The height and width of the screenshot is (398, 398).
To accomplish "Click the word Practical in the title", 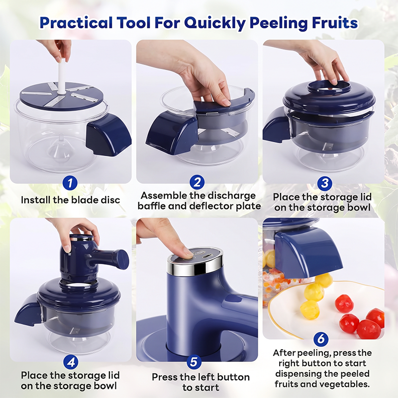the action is tap(76, 23).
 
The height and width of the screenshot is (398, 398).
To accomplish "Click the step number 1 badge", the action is tap(70, 182).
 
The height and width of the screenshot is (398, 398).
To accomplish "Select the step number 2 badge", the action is tap(197, 182).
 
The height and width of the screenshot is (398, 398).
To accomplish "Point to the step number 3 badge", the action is tap(325, 183).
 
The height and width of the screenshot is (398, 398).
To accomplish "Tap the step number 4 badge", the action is tap(71, 362).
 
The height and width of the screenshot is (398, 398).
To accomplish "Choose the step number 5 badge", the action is tap(194, 362).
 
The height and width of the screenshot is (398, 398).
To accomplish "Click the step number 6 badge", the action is tap(321, 339).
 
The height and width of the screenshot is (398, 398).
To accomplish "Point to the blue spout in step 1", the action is tap(108, 134).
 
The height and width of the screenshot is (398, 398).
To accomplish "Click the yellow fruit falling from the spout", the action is tap(324, 280).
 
